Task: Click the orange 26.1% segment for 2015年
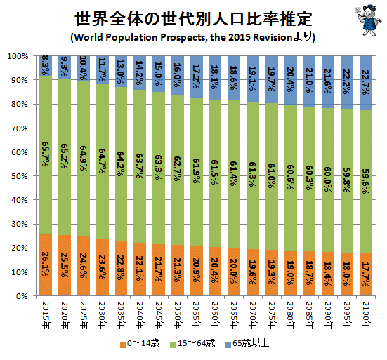tap(46, 265)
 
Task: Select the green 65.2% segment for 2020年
tap(65, 156)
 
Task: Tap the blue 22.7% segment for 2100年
tap(366, 83)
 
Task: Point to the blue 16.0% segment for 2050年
tap(178, 75)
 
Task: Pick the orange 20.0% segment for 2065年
tap(234, 272)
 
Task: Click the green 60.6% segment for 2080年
tap(291, 178)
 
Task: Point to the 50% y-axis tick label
tap(20, 176)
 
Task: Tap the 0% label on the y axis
tap(22, 296)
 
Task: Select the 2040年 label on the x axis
tap(140, 315)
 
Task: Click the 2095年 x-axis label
tap(347, 315)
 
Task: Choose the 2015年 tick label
tap(46, 315)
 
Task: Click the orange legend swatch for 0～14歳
tap(123, 345)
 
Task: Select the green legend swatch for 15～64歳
tap(173, 345)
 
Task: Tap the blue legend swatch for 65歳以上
tap(228, 345)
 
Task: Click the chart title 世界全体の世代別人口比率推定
tap(194, 19)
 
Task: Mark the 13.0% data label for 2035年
tap(122, 72)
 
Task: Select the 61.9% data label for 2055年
tap(197, 171)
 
